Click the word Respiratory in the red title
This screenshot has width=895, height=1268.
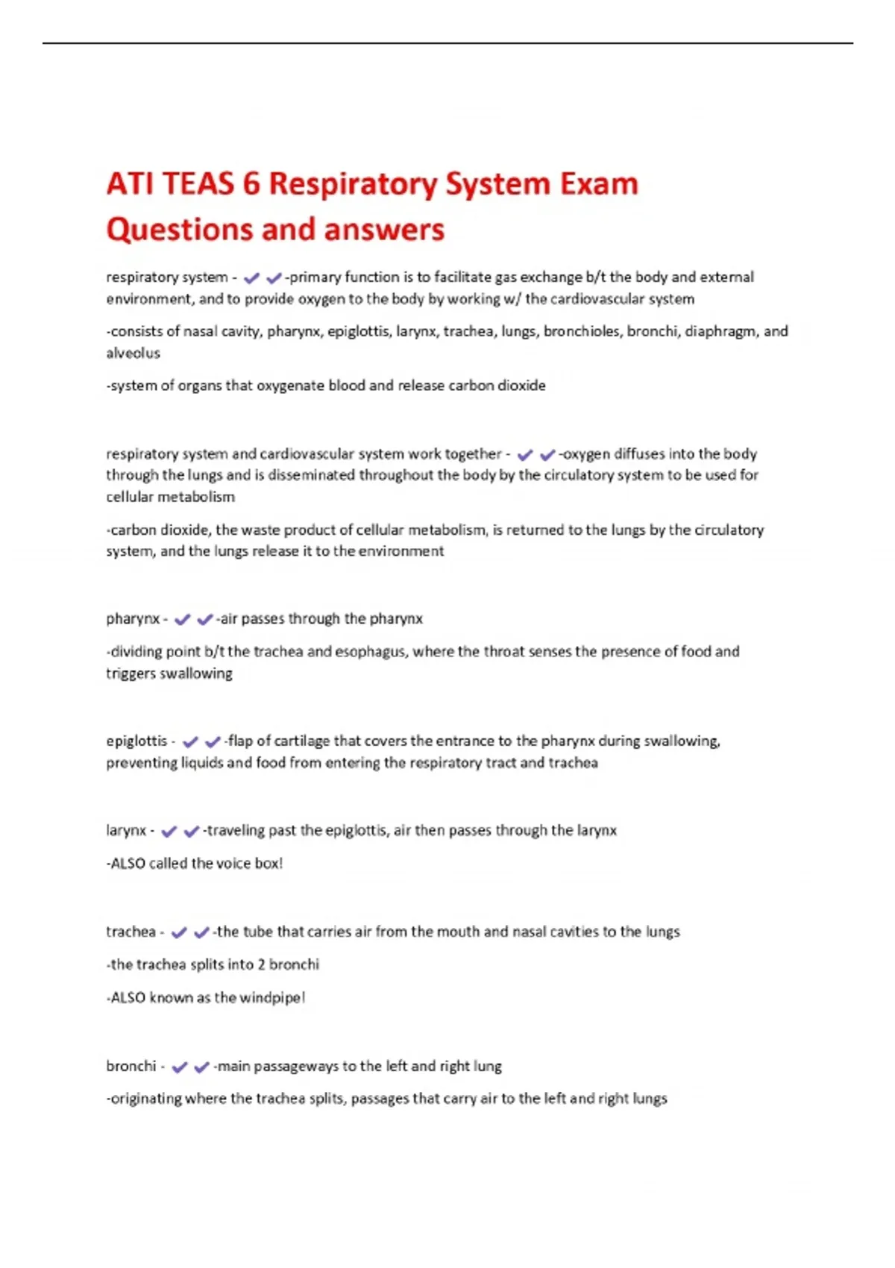point(353,184)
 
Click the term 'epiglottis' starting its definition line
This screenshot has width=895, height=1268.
point(136,741)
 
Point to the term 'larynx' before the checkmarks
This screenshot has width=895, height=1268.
point(125,831)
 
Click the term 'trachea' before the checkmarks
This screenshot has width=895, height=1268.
point(131,932)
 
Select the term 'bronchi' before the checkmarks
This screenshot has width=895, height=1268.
point(131,1066)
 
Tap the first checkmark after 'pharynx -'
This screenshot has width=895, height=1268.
point(182,619)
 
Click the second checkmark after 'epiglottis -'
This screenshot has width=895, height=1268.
point(213,741)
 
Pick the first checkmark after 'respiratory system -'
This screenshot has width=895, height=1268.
point(251,278)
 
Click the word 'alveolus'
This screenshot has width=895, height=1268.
point(133,354)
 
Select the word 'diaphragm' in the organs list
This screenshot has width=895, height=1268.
point(720,331)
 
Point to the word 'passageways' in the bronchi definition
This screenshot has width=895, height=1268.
point(296,1067)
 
